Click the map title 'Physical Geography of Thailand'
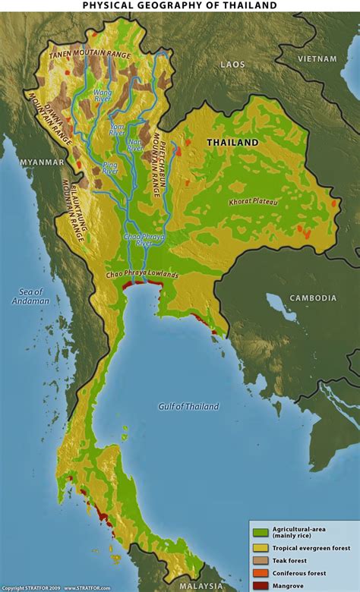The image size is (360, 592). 179,5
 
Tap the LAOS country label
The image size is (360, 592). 232,65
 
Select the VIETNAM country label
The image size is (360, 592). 317,58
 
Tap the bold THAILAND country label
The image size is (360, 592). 232,143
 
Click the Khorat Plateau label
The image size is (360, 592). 253,202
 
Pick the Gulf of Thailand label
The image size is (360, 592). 188,407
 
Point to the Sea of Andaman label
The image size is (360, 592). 31,296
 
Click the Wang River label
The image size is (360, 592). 102,96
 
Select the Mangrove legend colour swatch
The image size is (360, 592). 260,586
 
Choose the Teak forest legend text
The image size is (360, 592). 292,559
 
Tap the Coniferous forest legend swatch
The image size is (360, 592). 260,573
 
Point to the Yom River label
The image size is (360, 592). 116,129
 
